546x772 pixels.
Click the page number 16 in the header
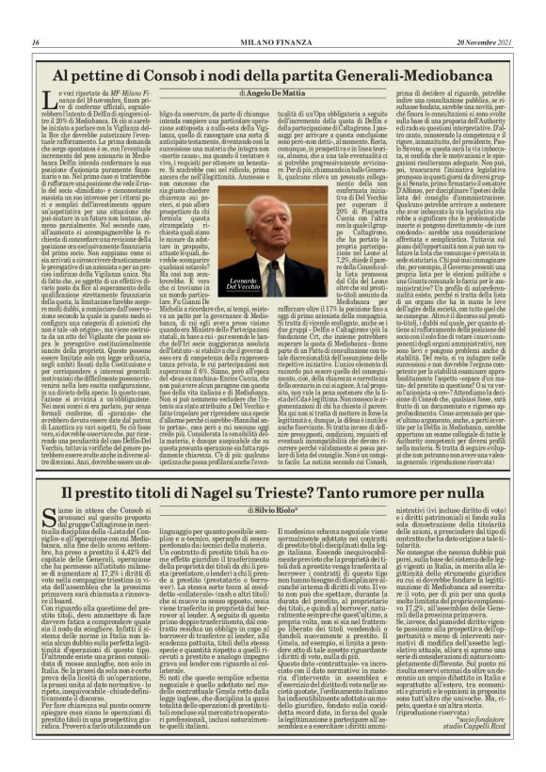[36, 42]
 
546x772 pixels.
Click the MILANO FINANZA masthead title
[273, 42]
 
